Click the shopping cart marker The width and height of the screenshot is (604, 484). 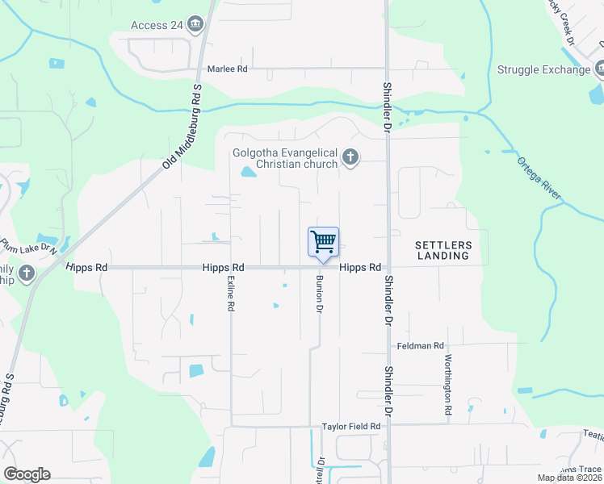click(323, 242)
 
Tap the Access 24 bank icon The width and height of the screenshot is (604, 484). click(194, 25)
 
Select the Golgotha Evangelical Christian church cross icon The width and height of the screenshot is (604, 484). click(350, 157)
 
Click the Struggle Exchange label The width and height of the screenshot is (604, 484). click(543, 69)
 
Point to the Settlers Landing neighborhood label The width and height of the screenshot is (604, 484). click(442, 249)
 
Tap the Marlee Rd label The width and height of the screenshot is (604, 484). click(227, 69)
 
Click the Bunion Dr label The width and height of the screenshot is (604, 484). click(320, 296)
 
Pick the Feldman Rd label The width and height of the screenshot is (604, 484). click(421, 346)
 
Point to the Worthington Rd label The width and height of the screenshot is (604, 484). click(447, 385)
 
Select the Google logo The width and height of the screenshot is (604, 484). click(27, 474)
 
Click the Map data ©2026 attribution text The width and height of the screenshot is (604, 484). click(568, 478)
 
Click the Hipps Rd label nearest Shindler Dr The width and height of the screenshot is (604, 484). click(360, 267)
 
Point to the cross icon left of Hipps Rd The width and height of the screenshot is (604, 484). click(26, 273)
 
